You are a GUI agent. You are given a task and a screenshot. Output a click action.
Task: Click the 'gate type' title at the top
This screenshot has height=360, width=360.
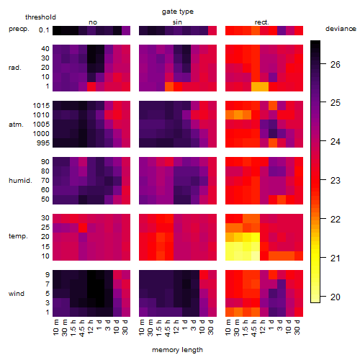click(178, 12)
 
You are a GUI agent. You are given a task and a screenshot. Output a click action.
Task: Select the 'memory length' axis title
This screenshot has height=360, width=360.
click(177, 350)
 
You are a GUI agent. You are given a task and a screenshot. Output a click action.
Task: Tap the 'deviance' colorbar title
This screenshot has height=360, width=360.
click(341, 29)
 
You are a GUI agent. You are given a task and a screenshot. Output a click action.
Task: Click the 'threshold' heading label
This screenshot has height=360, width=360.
click(40, 17)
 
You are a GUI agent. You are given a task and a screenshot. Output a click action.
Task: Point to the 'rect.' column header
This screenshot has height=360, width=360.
click(262, 22)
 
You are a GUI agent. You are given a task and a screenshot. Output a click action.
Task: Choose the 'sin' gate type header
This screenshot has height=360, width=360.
click(177, 22)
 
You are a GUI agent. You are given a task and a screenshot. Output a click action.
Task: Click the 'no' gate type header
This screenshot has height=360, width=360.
click(93, 22)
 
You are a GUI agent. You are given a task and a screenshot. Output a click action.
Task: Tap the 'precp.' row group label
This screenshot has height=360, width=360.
click(19, 29)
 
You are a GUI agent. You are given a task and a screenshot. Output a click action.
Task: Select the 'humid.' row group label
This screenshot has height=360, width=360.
click(20, 181)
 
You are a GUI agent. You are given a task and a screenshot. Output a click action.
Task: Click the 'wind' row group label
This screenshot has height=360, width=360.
click(17, 294)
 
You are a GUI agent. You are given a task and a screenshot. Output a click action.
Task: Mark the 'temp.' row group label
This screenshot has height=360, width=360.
click(18, 236)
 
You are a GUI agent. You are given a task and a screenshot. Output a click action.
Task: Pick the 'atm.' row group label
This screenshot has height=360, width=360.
click(16, 125)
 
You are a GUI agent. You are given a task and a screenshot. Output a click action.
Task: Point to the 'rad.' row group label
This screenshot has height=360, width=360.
click(15, 68)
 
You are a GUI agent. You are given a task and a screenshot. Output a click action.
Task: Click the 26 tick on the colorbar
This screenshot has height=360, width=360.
click(336, 64)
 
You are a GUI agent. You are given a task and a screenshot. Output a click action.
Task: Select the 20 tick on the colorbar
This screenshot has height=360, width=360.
click(336, 297)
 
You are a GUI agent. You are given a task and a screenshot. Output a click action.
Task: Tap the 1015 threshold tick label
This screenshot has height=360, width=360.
click(41, 106)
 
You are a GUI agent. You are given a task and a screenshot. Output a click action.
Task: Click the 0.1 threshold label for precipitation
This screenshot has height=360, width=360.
click(44, 30)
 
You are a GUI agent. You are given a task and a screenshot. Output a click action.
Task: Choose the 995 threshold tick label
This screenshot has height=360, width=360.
click(43, 143)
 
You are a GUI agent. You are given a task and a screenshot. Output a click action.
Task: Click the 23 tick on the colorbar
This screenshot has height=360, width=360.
click(336, 181)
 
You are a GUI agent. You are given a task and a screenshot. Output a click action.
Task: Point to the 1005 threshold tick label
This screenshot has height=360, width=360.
click(41, 125)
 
